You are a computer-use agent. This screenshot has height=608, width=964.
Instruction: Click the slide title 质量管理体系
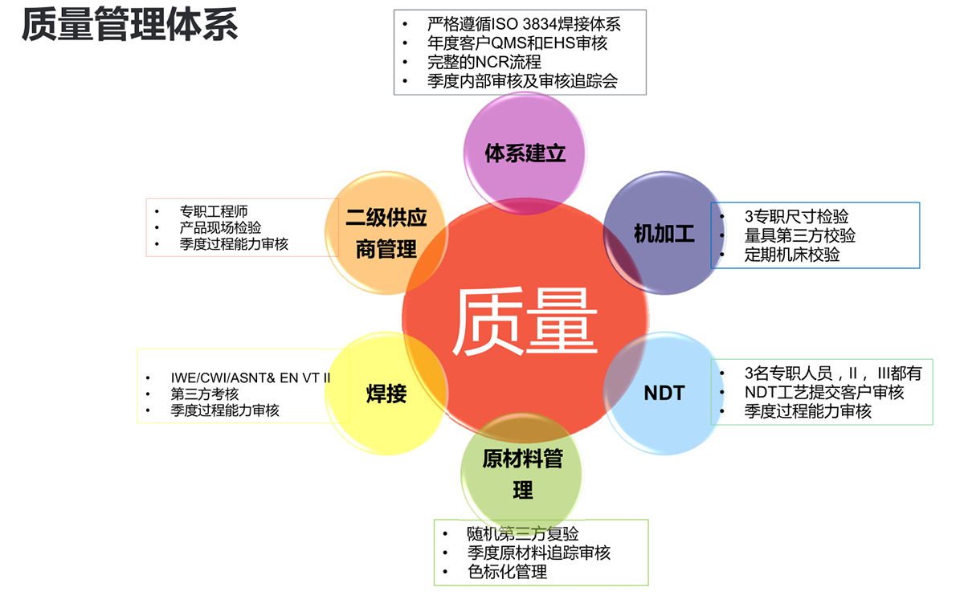129,25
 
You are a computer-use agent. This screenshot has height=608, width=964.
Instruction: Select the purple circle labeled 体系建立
525,153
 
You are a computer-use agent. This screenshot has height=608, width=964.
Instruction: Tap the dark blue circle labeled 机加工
664,234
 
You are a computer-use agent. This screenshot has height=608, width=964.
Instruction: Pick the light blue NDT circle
664,393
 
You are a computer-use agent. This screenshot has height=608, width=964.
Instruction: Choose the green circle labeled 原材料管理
522,474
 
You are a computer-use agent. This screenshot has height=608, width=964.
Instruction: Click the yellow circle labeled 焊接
386,394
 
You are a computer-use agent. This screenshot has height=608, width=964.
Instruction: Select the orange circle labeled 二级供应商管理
386,233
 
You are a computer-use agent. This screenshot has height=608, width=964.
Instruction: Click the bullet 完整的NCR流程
484,62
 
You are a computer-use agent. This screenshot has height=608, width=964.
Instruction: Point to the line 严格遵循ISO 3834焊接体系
524,24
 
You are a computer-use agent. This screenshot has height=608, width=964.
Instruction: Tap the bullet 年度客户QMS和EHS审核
517,43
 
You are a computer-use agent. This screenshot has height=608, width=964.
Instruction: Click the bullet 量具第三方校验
799,236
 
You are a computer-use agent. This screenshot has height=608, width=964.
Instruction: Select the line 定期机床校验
792,255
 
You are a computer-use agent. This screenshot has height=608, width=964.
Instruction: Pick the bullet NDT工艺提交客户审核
824,393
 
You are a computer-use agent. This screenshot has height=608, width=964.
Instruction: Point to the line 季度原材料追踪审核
538,553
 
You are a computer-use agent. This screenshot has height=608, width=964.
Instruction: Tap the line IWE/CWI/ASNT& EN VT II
250,377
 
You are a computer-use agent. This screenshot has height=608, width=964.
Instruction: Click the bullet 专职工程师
213,212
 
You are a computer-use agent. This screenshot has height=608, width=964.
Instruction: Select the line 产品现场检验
220,228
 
